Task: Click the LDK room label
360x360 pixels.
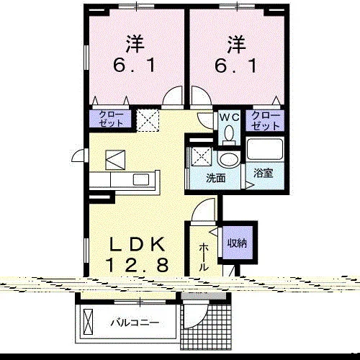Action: tap(137, 244)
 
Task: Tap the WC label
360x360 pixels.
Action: tap(230, 117)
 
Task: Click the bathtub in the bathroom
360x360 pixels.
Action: tap(265, 149)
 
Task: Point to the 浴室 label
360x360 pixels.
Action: tap(264, 173)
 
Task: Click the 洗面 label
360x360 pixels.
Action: tap(216, 178)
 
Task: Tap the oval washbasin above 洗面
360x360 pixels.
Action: tap(229, 160)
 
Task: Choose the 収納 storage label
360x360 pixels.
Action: tap(237, 243)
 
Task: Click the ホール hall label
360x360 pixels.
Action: tap(204, 257)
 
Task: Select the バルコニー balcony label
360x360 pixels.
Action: tap(135, 323)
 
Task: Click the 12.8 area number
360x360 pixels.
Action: tap(137, 265)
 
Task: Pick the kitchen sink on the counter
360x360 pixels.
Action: tap(141, 180)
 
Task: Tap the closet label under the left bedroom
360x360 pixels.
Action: tap(111, 119)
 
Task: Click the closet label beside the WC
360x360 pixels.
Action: tap(266, 120)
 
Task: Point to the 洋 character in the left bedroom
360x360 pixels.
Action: tap(135, 44)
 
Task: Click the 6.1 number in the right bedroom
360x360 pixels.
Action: tap(235, 66)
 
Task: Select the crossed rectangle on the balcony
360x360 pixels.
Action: tap(88, 321)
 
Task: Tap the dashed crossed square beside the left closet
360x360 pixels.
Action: tap(148, 120)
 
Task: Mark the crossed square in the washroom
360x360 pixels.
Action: tap(201, 156)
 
